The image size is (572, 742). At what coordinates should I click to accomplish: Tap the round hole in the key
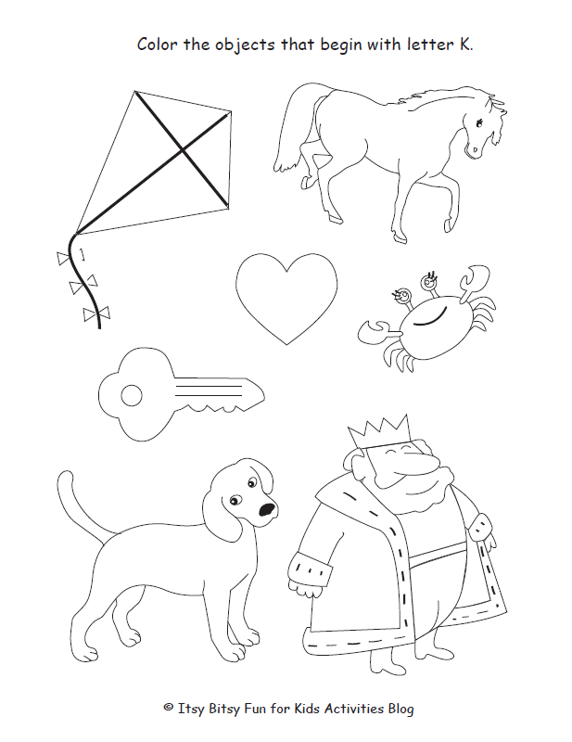click(x=132, y=396)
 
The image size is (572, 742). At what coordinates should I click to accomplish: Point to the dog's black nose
click(x=267, y=509)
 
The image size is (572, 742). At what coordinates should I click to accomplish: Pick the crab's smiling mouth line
click(x=430, y=321)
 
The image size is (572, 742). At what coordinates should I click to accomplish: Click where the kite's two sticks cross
click(x=183, y=147)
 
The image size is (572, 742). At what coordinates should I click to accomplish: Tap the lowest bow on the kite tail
click(x=91, y=315)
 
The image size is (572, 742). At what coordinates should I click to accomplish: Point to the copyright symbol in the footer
click(x=169, y=708)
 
